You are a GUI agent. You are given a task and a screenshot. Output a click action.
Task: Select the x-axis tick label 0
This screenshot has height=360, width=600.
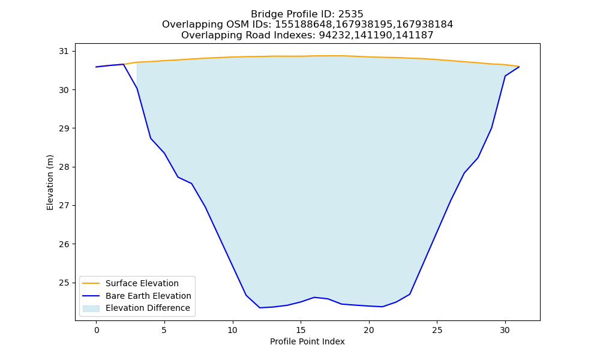(x=97, y=330)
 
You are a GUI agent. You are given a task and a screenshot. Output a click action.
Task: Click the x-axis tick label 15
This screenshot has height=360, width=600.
(x=301, y=330)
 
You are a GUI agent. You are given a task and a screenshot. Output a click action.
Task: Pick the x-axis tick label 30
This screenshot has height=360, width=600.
(x=505, y=330)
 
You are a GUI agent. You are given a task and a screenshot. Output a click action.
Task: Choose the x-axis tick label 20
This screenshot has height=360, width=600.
(x=369, y=330)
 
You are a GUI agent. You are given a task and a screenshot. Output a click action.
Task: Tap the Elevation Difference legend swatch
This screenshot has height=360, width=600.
(x=91, y=308)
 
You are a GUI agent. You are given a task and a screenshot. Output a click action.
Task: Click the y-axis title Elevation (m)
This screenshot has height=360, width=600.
(x=50, y=182)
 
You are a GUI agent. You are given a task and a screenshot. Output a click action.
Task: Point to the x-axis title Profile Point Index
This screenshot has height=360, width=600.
(x=307, y=341)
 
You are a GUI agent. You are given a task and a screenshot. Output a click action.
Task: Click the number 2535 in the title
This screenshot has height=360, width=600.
(x=350, y=14)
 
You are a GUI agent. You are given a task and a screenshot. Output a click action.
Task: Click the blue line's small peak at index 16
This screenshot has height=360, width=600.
(x=314, y=297)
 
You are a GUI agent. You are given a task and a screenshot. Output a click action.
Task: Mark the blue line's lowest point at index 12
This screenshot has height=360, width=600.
(x=260, y=308)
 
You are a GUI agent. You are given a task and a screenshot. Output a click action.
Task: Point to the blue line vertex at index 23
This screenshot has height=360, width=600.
(x=410, y=294)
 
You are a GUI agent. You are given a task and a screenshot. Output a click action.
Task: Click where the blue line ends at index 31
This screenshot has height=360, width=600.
(x=519, y=67)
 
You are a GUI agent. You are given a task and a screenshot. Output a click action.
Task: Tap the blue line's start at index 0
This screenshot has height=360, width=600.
(x=97, y=67)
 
